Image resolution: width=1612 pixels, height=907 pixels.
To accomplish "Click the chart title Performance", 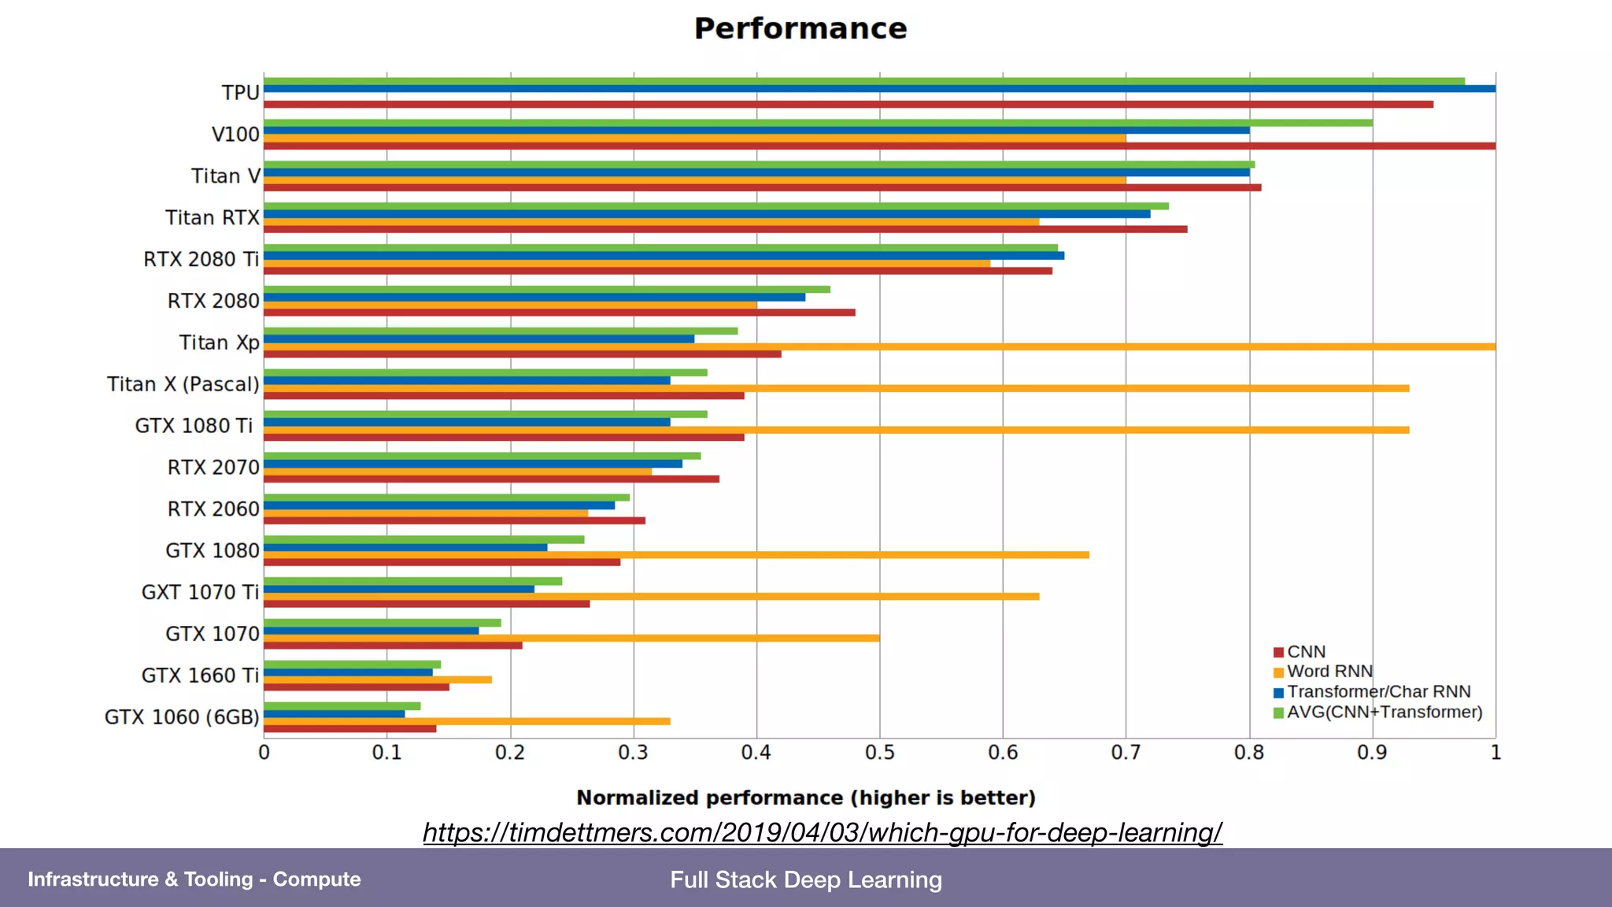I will (x=800, y=29).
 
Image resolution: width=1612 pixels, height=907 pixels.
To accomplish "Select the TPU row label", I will (x=240, y=93).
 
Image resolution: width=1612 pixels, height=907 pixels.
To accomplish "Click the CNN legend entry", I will (x=1306, y=652).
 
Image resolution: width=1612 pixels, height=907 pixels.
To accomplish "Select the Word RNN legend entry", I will (x=1329, y=672).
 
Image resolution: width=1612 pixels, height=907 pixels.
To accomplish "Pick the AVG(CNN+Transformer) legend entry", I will (x=1384, y=713).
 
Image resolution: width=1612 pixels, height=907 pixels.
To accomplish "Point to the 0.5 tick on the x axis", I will (x=879, y=753).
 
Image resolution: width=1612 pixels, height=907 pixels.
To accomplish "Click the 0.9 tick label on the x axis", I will (x=1372, y=753).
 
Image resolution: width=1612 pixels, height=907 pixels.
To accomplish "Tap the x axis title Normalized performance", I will (x=805, y=798).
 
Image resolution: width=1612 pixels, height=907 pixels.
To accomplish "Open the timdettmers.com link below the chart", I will (x=823, y=832).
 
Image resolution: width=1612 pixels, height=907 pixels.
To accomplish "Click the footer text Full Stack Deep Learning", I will (x=806, y=879).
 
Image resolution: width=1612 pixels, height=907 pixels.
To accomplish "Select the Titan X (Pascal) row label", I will (x=183, y=384).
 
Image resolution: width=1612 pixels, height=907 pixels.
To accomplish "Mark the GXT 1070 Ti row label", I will (x=200, y=592).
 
